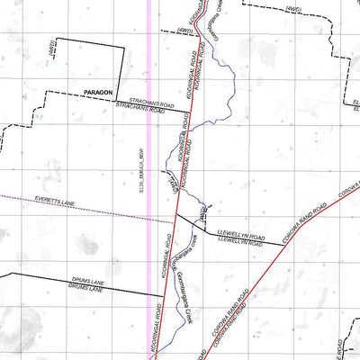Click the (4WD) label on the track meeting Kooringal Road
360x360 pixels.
(x=185, y=31)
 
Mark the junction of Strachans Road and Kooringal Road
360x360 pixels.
(x=192, y=112)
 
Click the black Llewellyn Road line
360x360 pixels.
(x=225, y=232)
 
